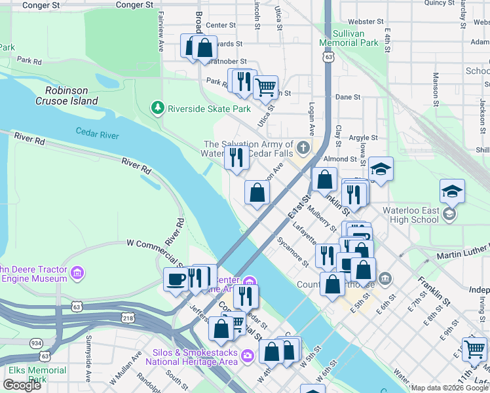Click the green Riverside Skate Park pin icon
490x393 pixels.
(157, 107)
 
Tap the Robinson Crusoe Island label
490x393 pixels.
(71, 96)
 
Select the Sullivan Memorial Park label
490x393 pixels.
(349, 37)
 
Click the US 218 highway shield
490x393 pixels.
(127, 317)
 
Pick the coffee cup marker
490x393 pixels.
(175, 280)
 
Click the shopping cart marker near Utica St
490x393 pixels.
(265, 86)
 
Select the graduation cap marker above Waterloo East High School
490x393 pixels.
(451, 191)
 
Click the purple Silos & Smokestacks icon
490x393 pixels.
(247, 356)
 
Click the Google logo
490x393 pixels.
(22, 385)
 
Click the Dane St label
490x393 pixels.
(347, 96)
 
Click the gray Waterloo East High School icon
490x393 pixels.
(449, 214)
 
